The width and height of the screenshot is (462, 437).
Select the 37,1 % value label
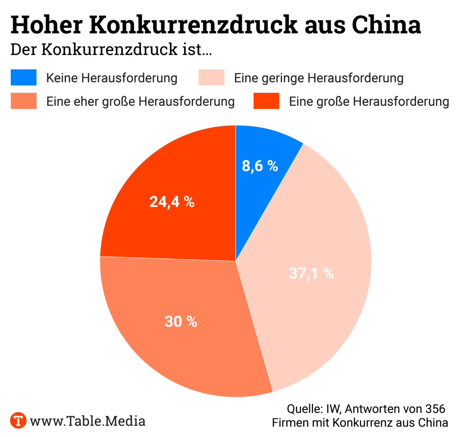(x=311, y=273)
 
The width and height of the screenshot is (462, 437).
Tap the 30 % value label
(x=181, y=322)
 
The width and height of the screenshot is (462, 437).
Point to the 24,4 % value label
(x=172, y=202)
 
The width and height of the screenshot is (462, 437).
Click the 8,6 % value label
(x=260, y=166)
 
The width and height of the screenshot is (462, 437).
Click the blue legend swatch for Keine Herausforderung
(x=23, y=78)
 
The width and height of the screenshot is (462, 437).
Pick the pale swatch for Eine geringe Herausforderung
(x=212, y=78)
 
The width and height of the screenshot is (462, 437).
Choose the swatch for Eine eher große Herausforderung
(x=23, y=101)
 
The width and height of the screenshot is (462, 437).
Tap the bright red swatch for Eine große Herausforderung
(x=266, y=101)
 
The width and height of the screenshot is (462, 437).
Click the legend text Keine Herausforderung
(x=112, y=78)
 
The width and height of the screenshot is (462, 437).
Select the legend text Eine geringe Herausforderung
(x=319, y=78)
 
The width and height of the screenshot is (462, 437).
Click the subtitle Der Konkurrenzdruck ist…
(x=111, y=50)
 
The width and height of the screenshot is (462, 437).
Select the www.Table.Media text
(x=88, y=421)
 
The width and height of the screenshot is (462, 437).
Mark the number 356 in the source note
(x=435, y=409)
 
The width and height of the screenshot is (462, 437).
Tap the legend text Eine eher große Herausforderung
(x=140, y=101)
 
